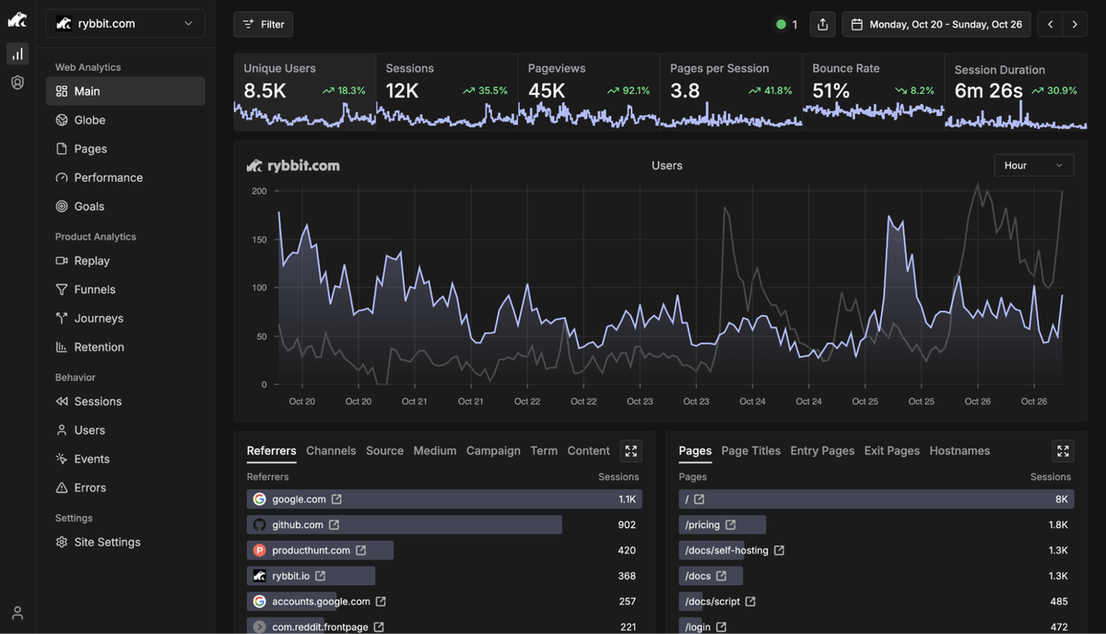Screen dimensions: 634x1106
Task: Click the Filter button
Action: (263, 24)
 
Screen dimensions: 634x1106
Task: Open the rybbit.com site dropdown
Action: (125, 24)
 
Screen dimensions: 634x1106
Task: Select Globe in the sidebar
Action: (89, 120)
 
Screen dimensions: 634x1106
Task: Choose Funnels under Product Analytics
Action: (95, 289)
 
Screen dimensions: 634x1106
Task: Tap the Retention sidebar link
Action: (99, 347)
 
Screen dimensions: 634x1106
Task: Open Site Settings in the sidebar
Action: (107, 542)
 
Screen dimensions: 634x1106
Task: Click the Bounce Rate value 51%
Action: (831, 91)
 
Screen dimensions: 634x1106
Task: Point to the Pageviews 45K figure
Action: (547, 91)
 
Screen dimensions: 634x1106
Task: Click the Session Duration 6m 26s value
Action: (988, 91)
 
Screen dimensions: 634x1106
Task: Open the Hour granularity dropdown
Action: (1033, 165)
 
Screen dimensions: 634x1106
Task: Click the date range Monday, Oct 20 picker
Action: (935, 24)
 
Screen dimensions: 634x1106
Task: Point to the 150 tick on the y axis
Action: (259, 240)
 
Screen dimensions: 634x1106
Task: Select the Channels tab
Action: (331, 451)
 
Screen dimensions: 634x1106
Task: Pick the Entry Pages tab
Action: (822, 451)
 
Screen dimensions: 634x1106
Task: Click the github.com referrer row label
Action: (297, 524)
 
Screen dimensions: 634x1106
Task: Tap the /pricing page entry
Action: (702, 524)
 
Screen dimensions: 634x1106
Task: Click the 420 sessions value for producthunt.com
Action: (627, 550)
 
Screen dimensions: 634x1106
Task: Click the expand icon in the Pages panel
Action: (1063, 451)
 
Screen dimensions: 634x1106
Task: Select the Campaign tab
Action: (493, 451)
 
